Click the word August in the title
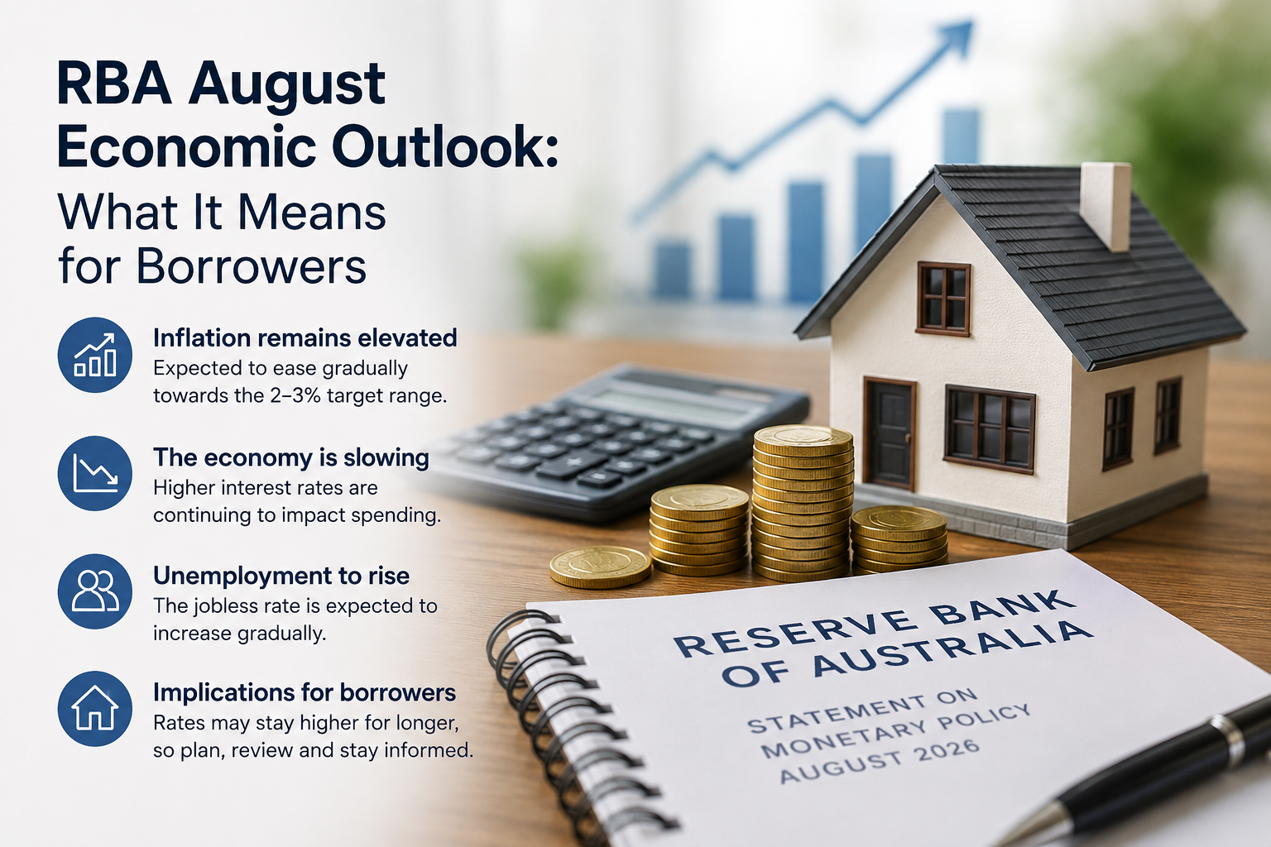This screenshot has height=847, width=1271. (287, 86)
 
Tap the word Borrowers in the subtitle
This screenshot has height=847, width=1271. (252, 266)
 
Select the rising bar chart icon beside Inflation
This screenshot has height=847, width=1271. (95, 355)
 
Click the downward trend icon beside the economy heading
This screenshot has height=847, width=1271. (95, 473)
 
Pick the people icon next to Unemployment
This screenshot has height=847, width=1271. (95, 591)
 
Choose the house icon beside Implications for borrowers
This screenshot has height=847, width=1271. (95, 709)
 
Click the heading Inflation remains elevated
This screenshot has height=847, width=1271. (305, 338)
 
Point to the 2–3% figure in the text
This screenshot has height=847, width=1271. (295, 395)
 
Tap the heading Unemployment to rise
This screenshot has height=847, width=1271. (281, 576)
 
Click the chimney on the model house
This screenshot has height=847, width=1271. (1106, 206)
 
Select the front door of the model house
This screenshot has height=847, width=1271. (890, 434)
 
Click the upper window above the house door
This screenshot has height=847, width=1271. (943, 299)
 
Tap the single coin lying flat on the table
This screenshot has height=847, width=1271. (600, 566)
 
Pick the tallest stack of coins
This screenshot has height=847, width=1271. (803, 502)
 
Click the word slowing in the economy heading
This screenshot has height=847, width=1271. (386, 458)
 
